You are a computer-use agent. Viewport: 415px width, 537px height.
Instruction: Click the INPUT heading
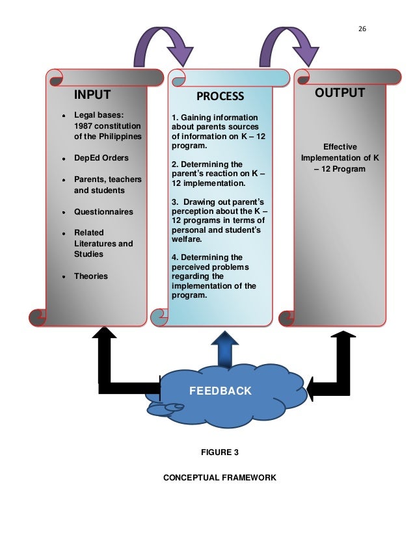point(92,95)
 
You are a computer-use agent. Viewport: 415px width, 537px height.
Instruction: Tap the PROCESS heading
point(220,97)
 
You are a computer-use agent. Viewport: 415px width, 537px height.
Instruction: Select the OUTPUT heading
point(340,93)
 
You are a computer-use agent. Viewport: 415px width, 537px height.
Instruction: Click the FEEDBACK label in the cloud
point(219,391)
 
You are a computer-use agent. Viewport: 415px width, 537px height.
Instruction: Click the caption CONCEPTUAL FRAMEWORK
point(219,478)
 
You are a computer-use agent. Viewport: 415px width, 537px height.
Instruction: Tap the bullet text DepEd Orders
point(101,158)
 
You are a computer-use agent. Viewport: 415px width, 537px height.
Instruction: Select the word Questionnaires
point(103,211)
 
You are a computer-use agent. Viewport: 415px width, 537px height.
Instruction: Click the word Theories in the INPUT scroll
point(91,276)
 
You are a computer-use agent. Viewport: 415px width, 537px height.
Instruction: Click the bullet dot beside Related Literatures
point(62,233)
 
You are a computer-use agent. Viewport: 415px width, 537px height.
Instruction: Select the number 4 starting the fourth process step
point(174,257)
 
